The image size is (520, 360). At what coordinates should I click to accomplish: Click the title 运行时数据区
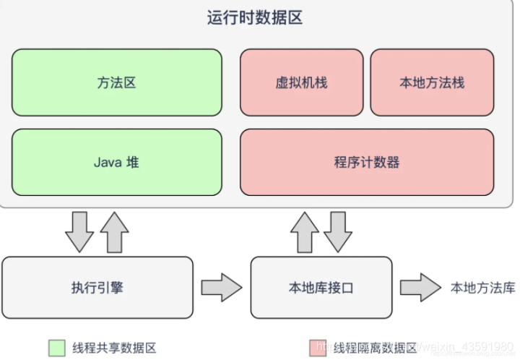[x=254, y=18]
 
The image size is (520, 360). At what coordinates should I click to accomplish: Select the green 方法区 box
[x=117, y=82]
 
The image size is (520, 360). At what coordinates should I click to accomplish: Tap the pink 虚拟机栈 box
[x=301, y=82]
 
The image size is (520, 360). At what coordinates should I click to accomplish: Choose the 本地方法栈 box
[x=432, y=82]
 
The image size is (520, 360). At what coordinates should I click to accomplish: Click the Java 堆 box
[x=117, y=162]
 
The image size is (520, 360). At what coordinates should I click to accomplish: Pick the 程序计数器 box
[x=367, y=162]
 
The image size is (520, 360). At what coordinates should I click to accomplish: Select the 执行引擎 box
[x=97, y=288]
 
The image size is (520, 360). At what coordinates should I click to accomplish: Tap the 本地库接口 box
[x=321, y=288]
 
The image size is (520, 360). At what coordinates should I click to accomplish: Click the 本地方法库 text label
[x=482, y=288]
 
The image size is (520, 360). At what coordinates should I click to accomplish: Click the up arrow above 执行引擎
[x=114, y=231]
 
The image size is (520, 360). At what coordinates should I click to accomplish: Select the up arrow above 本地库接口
[x=304, y=231]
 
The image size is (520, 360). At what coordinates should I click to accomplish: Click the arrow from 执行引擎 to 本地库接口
[x=221, y=288]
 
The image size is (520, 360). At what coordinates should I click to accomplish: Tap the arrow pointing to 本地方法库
[x=420, y=288]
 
